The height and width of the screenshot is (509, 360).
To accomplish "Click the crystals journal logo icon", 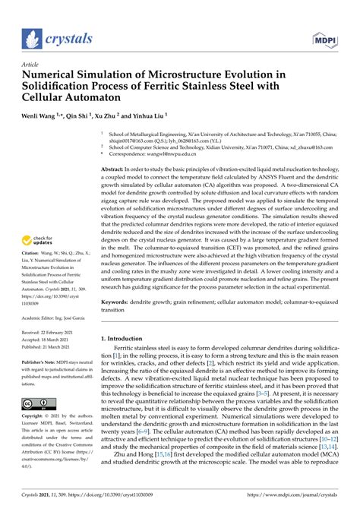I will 33,39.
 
